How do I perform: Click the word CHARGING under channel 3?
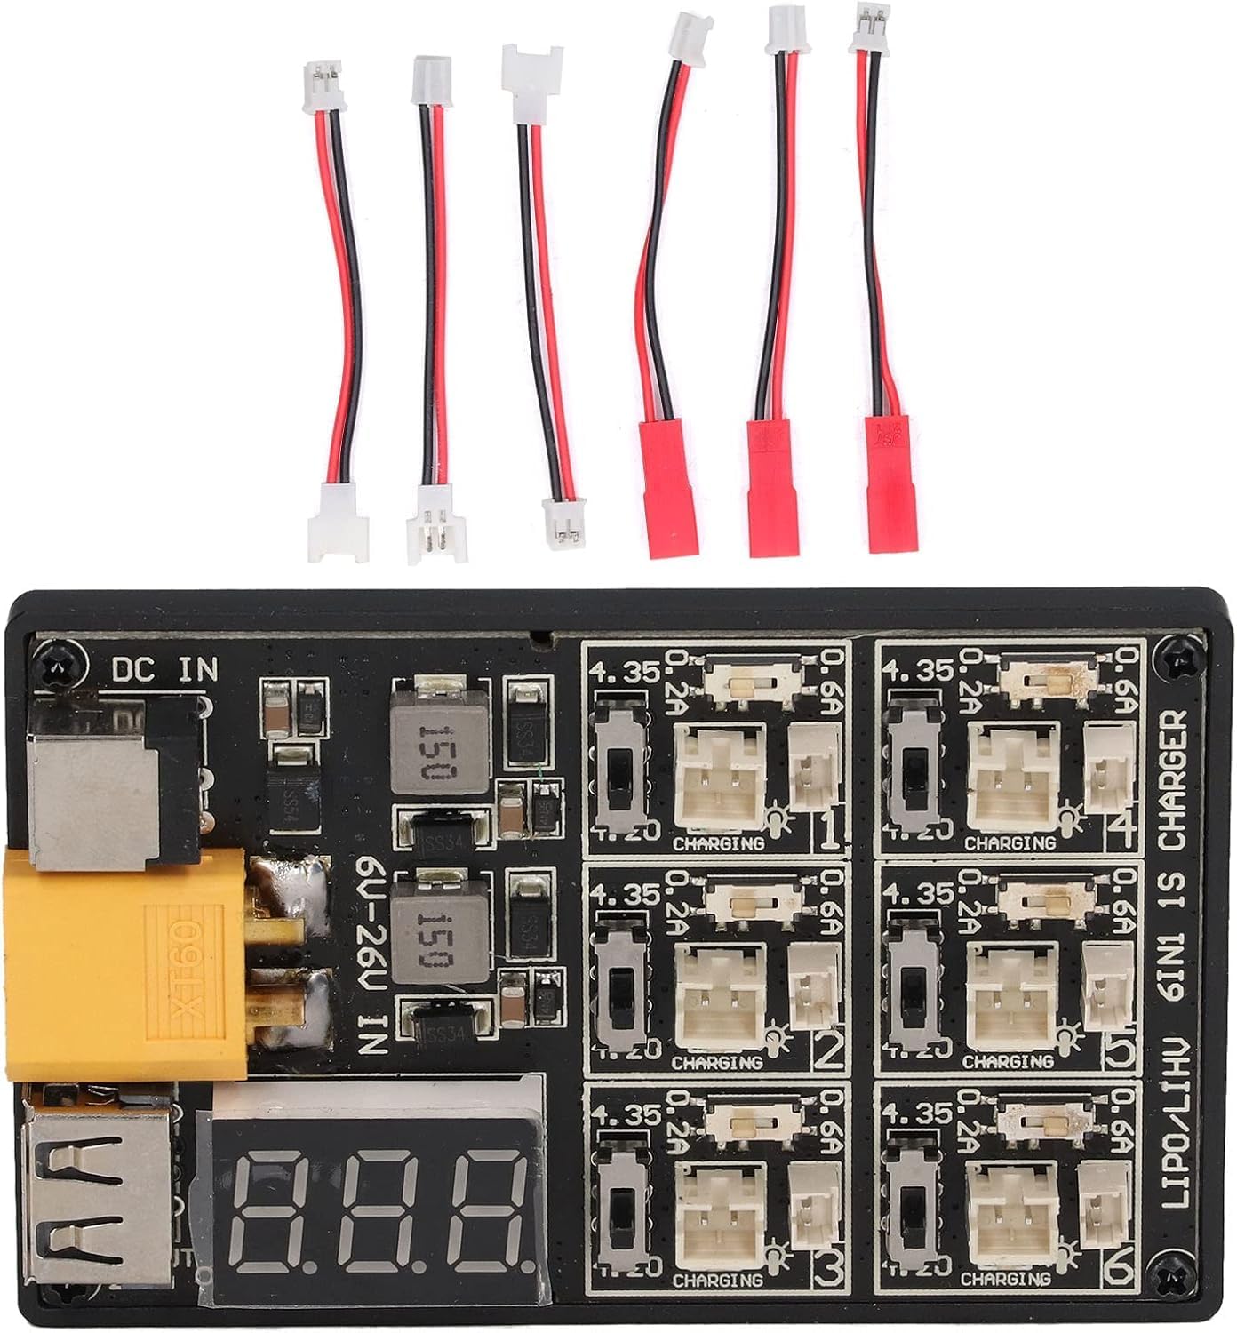(x=718, y=1281)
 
